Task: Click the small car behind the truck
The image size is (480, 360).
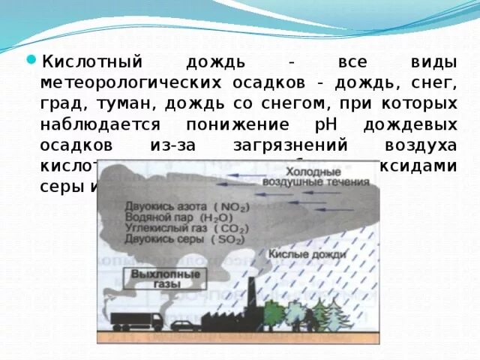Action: [183, 325]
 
